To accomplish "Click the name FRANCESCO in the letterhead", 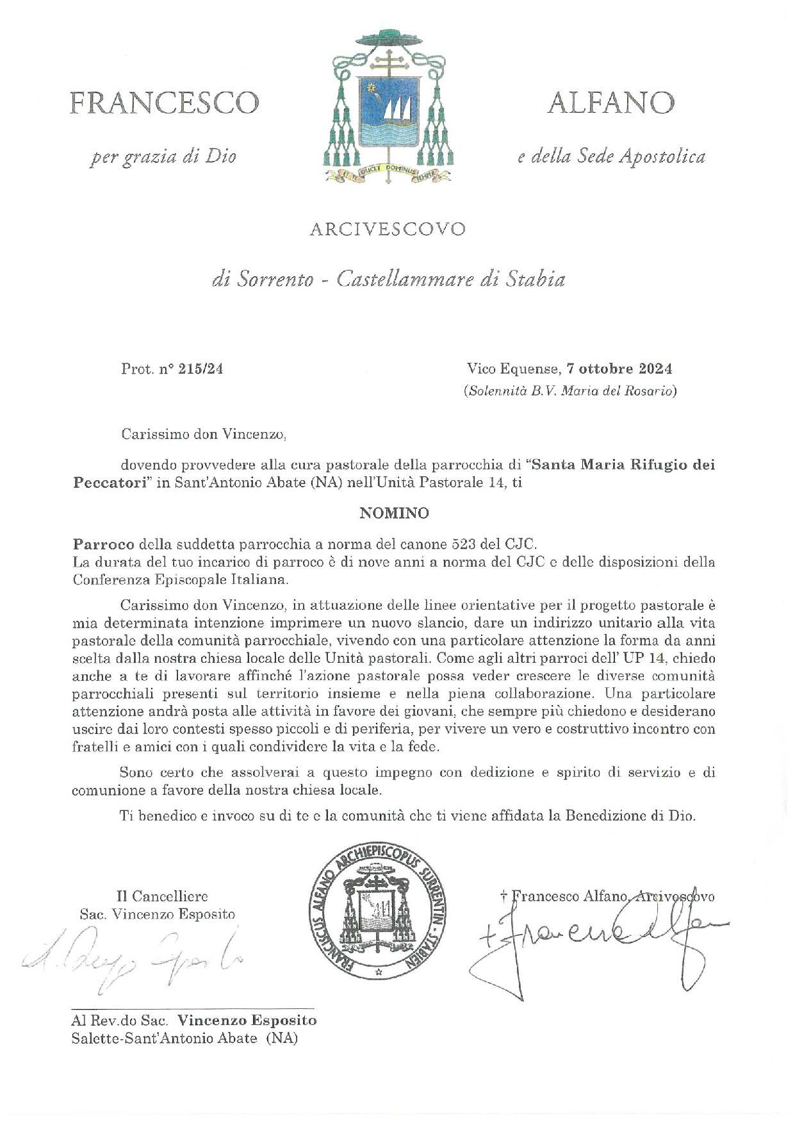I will (165, 103).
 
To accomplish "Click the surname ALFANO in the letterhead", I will (611, 103).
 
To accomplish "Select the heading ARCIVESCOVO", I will (388, 229).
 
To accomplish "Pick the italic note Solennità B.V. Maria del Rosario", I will (570, 391).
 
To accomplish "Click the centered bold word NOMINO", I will (394, 513).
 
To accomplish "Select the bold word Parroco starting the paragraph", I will (103, 544).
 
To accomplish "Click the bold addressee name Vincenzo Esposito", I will (247, 1020).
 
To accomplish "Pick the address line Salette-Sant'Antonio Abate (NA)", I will (185, 1038).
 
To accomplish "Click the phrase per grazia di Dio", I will (163, 156).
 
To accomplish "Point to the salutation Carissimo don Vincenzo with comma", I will (204, 434).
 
